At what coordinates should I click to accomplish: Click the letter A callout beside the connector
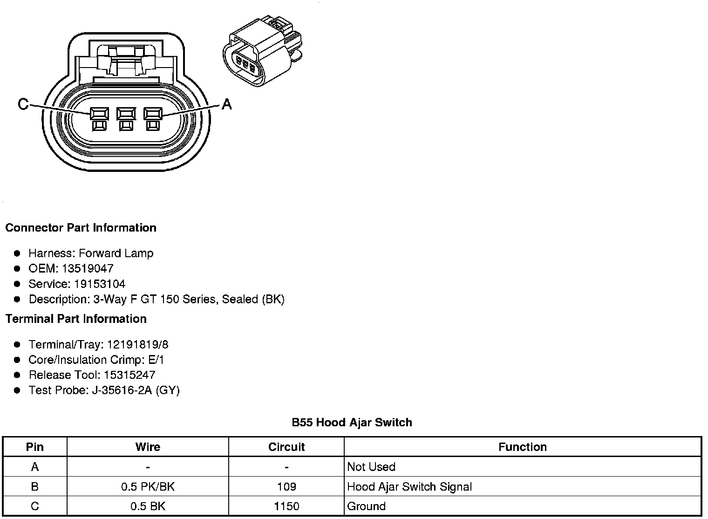(x=226, y=104)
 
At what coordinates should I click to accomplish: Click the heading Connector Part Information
(x=81, y=228)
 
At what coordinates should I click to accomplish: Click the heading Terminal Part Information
(x=76, y=319)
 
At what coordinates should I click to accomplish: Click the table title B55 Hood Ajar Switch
(x=352, y=423)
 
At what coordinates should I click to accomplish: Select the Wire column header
(x=148, y=447)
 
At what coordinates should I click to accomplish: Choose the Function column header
(x=522, y=447)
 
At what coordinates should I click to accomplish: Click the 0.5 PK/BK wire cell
(x=148, y=487)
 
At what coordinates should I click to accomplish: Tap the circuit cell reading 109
(x=286, y=487)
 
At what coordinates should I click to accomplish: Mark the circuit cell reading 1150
(x=286, y=506)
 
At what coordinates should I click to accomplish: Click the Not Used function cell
(x=371, y=467)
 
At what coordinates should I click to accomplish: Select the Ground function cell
(x=366, y=506)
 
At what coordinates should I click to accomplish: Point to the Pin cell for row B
(x=35, y=487)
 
